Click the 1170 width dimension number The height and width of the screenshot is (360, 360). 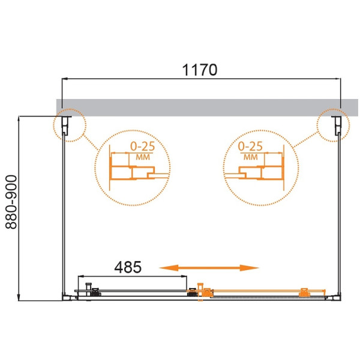coord(199,70)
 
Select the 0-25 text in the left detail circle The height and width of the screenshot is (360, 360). coord(142,146)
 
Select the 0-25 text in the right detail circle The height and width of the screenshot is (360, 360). coord(250,146)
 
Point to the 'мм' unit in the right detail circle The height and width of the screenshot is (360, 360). coord(251,157)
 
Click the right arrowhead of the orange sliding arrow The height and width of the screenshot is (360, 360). coord(254,268)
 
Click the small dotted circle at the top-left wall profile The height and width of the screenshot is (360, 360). coord(71,125)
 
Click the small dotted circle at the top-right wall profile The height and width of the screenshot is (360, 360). coord(332,125)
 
